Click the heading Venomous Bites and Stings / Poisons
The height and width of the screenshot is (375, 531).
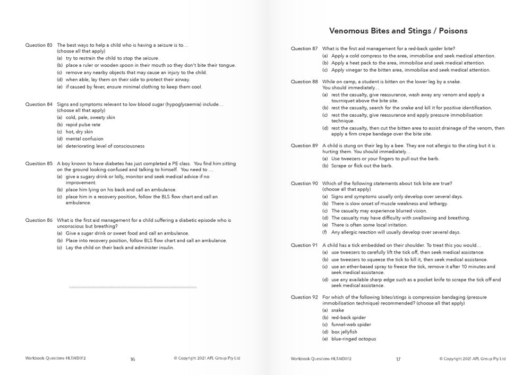coord(398,31)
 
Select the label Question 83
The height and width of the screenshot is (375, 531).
coord(39,45)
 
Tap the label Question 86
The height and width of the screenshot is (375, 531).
coord(39,220)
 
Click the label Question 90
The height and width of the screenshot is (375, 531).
coord(304,184)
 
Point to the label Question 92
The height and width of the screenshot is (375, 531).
coord(304,298)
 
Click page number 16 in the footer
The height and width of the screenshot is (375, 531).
coord(133,359)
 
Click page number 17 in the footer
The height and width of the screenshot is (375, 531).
coord(398,359)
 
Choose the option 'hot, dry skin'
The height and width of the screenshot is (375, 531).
coord(79,132)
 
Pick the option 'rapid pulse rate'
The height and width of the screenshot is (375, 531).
coord(83,125)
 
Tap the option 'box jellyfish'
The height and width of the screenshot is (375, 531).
coord(344,332)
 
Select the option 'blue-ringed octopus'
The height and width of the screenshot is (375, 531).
coord(353,339)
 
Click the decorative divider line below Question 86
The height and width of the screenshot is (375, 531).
coord(133,287)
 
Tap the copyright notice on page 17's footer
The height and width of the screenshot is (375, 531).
coord(472,359)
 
